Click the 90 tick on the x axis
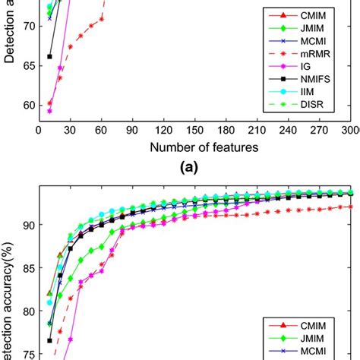133,129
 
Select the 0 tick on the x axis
39,129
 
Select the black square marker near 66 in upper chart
49,56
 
